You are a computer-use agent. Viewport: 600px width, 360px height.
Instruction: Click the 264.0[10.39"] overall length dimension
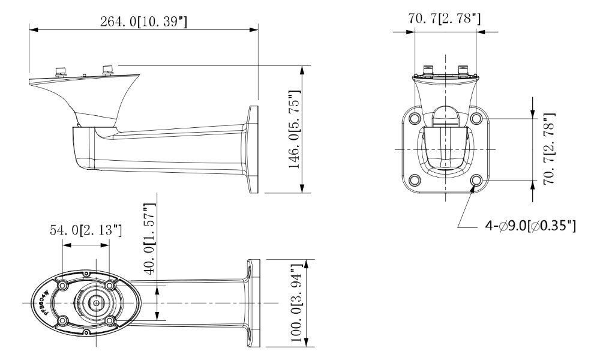(144, 22)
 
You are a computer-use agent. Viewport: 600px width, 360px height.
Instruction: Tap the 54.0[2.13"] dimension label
(86, 230)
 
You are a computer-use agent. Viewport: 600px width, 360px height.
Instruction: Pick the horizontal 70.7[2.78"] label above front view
(445, 19)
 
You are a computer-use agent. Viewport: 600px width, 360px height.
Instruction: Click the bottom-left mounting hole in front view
(414, 180)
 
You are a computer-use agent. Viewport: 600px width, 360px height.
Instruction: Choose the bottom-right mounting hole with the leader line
(476, 180)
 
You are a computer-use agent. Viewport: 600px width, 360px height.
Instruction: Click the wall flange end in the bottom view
(253, 303)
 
